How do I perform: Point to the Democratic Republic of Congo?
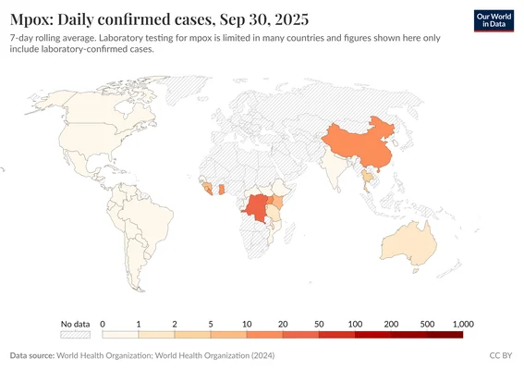coord(254,208)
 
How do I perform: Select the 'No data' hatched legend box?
coord(75,336)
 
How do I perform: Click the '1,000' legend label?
coord(463,324)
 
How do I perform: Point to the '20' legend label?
coord(283,324)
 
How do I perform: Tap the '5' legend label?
coord(211,324)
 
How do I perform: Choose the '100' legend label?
coord(355,324)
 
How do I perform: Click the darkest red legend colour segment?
coord(445,336)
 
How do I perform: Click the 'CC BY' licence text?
coord(500,355)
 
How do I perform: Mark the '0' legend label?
coord(103,324)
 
